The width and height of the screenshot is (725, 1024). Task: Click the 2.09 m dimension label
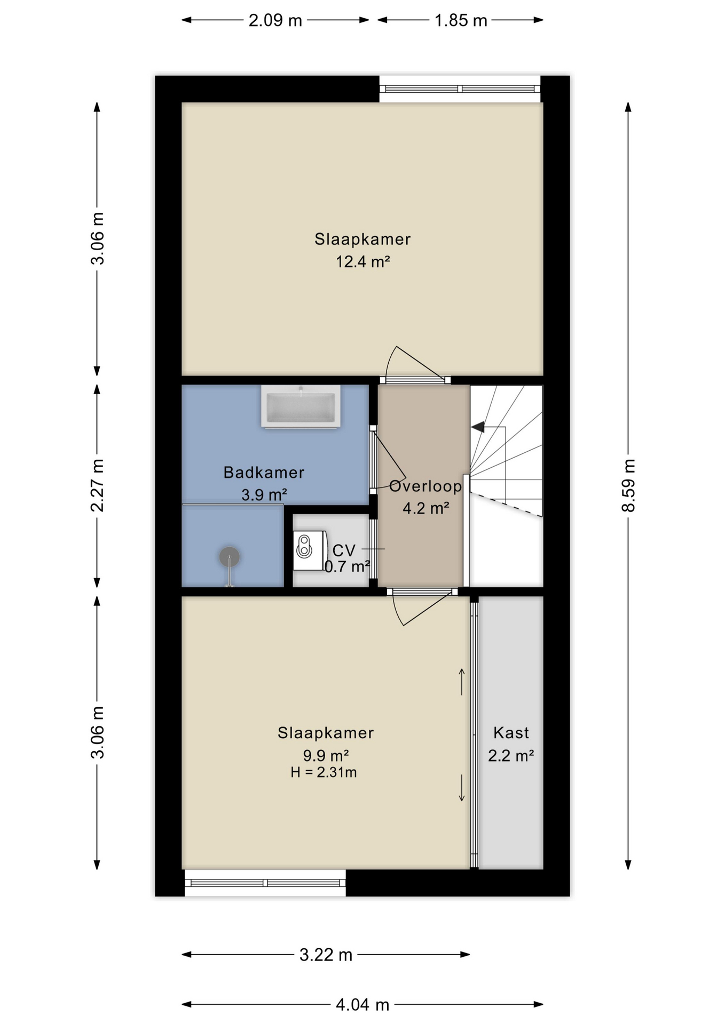(275, 21)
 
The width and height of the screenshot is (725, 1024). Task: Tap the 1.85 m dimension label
(461, 21)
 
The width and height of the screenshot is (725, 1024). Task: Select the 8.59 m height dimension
(628, 485)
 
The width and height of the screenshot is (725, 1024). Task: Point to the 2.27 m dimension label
(97, 485)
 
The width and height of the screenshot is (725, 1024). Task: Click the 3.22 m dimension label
(326, 955)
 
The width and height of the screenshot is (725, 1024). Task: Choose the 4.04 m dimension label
(362, 1005)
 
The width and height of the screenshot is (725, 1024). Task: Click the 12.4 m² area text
(362, 262)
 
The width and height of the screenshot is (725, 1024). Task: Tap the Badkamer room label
(264, 473)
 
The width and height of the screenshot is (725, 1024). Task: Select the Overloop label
(425, 486)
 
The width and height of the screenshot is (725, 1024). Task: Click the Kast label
(511, 733)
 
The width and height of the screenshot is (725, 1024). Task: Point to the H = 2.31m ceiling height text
(324, 772)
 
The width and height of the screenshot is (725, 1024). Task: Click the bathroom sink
(301, 406)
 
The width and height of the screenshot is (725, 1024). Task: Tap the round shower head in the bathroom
(230, 557)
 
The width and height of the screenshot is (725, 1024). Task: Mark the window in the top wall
(460, 89)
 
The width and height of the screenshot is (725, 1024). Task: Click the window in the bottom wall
(265, 883)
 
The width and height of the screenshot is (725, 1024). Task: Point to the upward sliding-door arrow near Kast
(462, 682)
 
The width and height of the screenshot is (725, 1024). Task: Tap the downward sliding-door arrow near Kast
(462, 788)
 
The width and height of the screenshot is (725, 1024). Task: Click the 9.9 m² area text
(326, 756)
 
